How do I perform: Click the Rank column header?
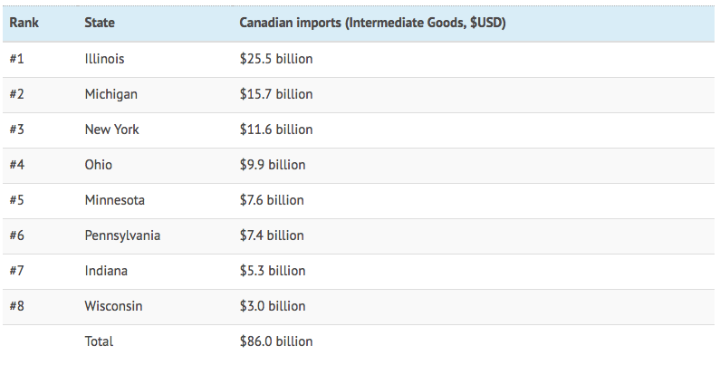[x=24, y=23]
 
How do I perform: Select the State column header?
[x=100, y=23]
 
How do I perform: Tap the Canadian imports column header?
[x=371, y=23]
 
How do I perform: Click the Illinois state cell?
[x=104, y=59]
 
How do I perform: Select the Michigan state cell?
[x=111, y=94]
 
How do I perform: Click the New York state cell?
[x=112, y=130]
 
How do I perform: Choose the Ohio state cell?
[x=99, y=165]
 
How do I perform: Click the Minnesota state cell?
[x=115, y=200]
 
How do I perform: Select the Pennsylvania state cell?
[x=122, y=235]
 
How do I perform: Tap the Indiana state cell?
[x=106, y=271]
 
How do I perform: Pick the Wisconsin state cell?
[x=114, y=306]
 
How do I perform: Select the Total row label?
[x=99, y=341]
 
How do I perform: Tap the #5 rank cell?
[x=17, y=200]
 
